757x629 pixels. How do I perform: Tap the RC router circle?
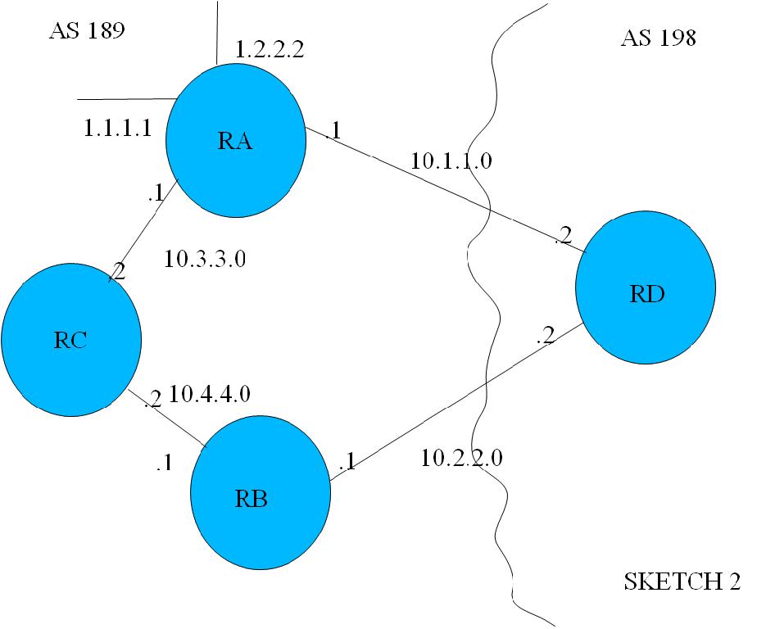pyautogui.click(x=70, y=340)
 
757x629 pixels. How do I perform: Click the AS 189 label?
pyautogui.click(x=86, y=31)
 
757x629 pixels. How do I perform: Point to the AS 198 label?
pyautogui.click(x=658, y=38)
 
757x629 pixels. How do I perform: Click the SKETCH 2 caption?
pyautogui.click(x=682, y=582)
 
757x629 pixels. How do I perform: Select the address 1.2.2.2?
pyautogui.click(x=270, y=50)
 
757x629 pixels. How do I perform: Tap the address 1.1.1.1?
pyautogui.click(x=117, y=128)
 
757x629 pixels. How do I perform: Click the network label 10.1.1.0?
pyautogui.click(x=451, y=160)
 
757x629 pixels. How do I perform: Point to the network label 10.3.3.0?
pyautogui.click(x=206, y=260)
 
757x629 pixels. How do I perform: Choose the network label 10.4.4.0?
pyautogui.click(x=209, y=395)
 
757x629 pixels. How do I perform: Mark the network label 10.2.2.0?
pyautogui.click(x=460, y=458)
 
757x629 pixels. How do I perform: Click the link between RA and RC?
pyautogui.click(x=145, y=229)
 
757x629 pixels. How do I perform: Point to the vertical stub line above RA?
pyautogui.click(x=216, y=33)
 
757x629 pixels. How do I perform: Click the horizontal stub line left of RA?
pyautogui.click(x=123, y=100)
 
